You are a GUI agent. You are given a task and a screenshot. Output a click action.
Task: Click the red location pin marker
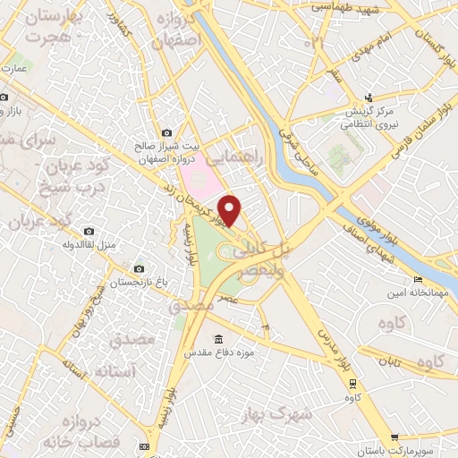click(x=231, y=210)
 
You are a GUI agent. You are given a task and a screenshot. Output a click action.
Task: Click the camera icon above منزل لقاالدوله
click(x=88, y=231)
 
